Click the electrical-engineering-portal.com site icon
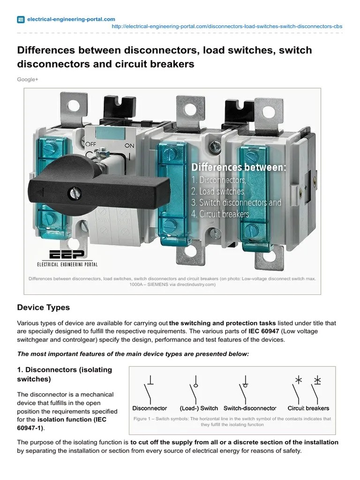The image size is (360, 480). coord(21,20)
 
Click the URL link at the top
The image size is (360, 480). coord(227,27)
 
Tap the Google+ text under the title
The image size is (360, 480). coord(28,80)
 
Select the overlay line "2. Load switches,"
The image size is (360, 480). coord(218,191)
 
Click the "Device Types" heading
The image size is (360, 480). coord(43,307)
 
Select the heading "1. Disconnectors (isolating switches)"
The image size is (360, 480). coord(65,374)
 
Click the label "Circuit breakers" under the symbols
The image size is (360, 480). coord(308,408)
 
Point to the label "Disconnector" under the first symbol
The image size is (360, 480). coord(150,408)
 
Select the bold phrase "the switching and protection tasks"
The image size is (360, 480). coord(222,323)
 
